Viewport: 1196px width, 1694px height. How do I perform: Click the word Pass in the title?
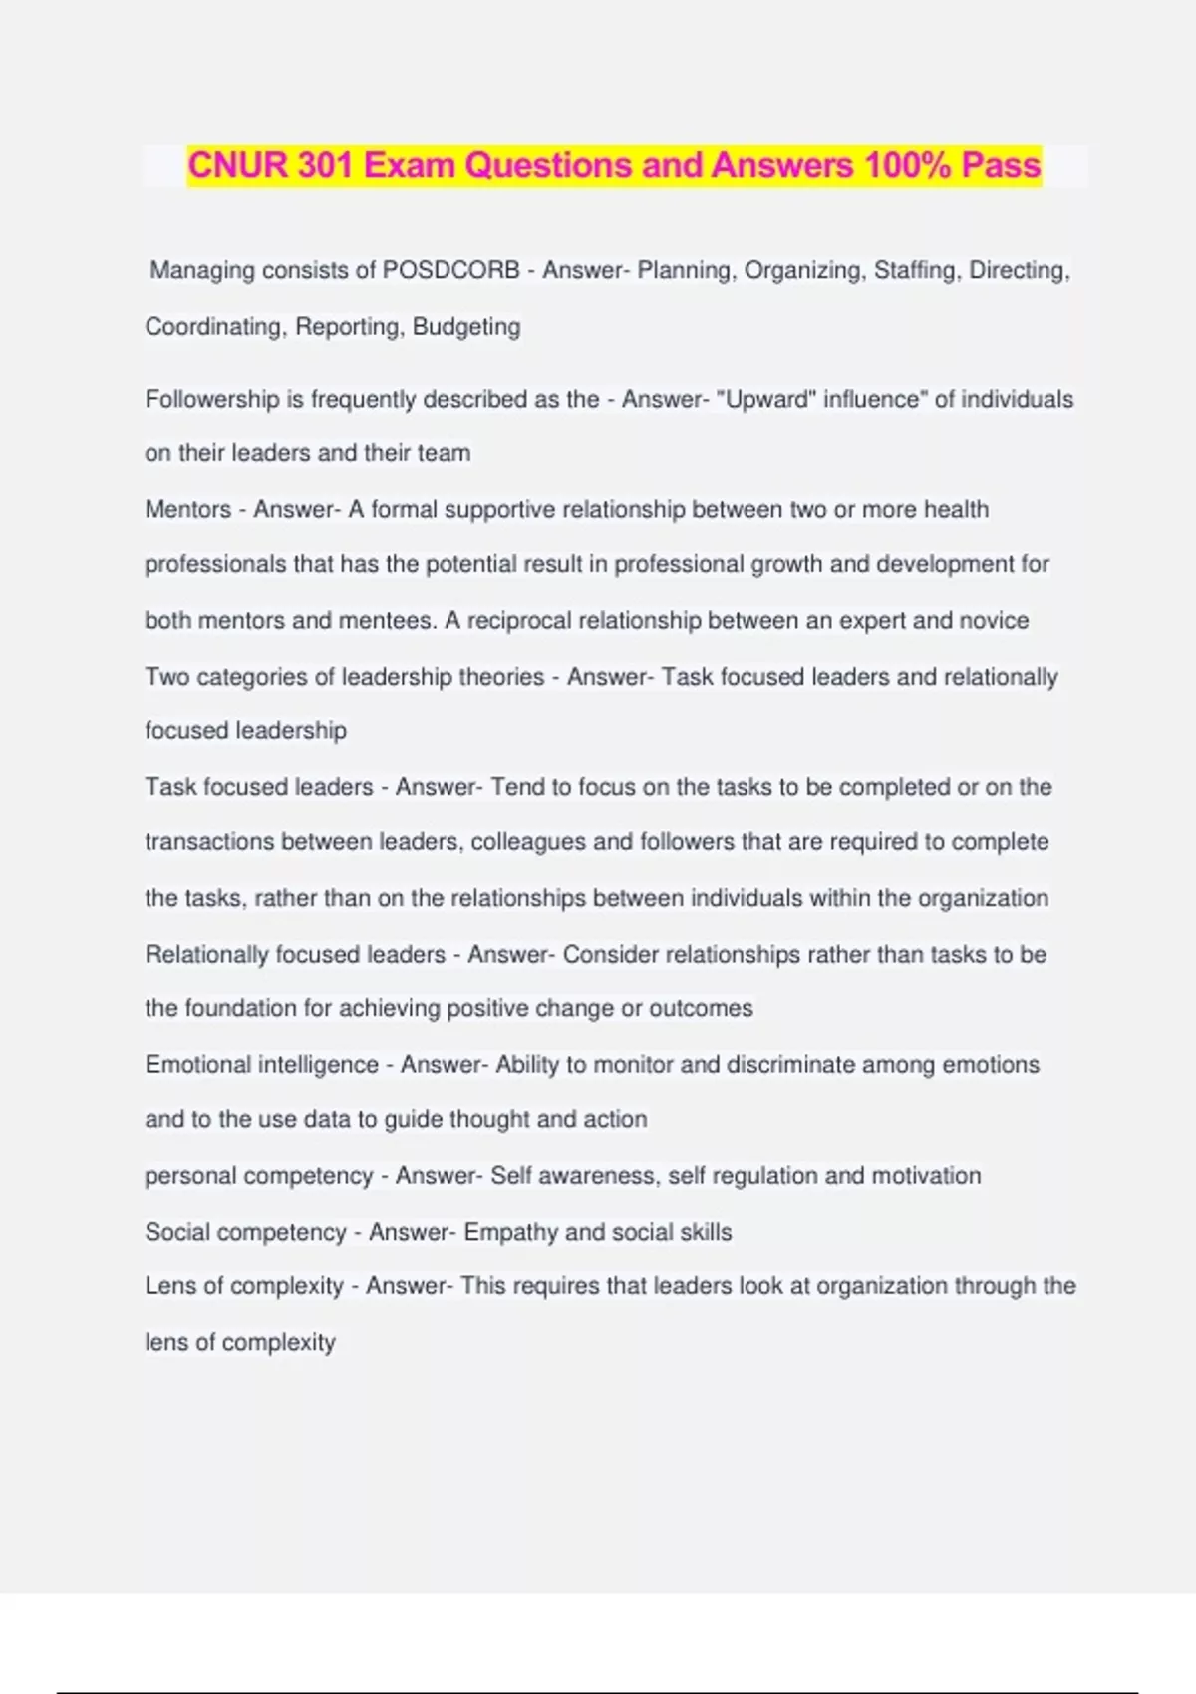coord(1001,165)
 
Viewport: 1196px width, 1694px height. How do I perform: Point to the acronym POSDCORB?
coord(451,270)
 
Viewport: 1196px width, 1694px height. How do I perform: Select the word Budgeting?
coord(466,327)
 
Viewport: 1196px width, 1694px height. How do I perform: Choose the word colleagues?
coord(528,842)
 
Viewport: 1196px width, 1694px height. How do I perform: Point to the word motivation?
coord(927,1176)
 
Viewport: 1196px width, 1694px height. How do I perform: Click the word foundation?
coord(238,1008)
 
